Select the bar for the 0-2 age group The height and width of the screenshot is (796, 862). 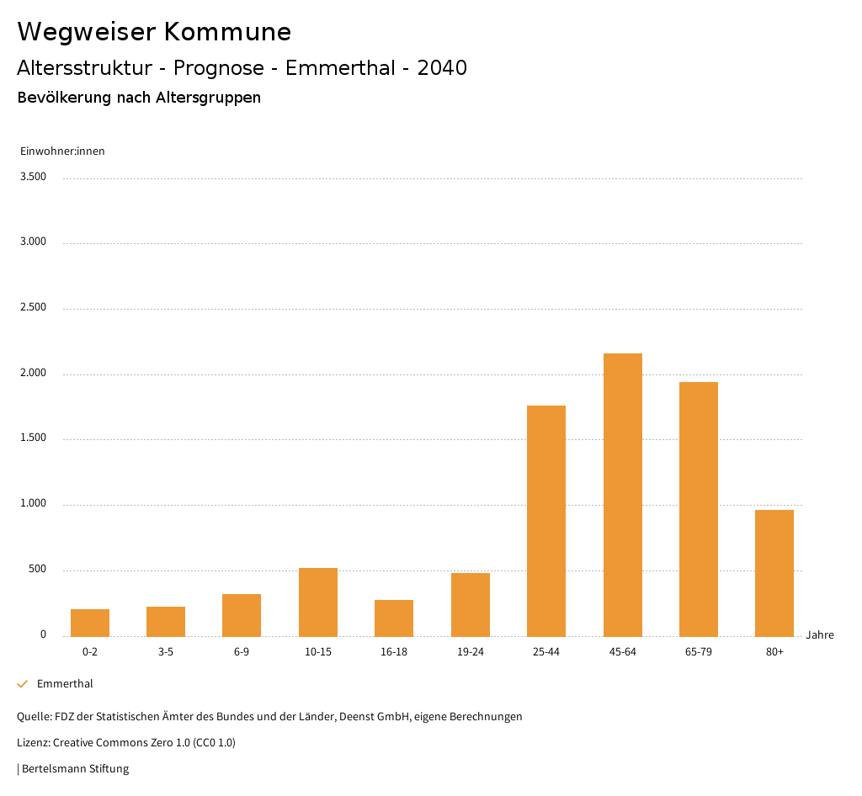pos(90,623)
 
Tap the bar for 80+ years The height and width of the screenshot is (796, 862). pos(774,573)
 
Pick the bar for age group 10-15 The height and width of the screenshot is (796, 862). pos(318,602)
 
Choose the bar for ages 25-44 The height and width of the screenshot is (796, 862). pos(546,521)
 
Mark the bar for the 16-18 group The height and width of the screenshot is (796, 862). pos(394,618)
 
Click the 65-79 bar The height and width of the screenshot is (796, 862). pos(699,509)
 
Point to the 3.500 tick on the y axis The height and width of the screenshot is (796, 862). pos(33,177)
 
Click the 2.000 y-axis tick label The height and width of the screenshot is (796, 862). pos(33,373)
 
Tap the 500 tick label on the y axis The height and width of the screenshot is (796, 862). pos(37,570)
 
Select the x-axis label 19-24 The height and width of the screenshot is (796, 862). pos(470,652)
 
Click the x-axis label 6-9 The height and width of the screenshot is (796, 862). pos(242,652)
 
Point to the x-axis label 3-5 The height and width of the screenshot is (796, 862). pos(166,652)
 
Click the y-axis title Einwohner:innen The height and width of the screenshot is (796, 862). pos(62,151)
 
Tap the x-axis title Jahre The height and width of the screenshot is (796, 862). pos(819,635)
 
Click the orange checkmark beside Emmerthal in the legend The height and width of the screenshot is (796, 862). pos(23,684)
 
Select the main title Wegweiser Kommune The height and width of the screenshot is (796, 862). pos(154,31)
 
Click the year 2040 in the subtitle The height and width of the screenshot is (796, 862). pos(442,68)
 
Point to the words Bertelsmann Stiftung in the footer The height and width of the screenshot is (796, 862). pos(75,768)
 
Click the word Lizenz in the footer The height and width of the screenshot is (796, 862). pos(32,743)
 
